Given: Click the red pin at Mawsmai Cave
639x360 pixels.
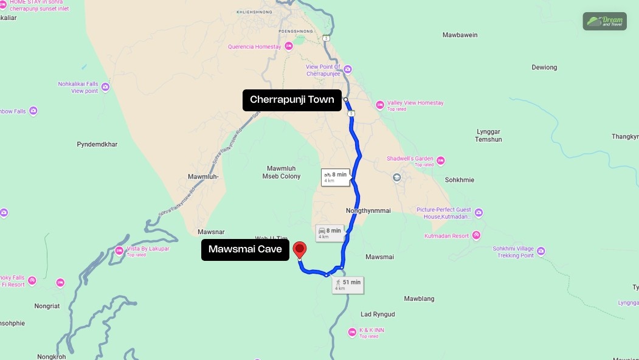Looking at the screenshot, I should coord(299,249).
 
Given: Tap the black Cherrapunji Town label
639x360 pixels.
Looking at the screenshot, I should coord(292,100).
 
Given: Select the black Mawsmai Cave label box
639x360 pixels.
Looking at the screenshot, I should coord(245,249).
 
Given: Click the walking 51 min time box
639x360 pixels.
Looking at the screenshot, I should coord(348,285).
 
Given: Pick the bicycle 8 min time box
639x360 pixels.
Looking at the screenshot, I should coord(336,177).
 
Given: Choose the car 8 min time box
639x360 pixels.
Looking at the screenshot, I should coord(330,233).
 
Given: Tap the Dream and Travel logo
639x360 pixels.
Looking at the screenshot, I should coord(604,21).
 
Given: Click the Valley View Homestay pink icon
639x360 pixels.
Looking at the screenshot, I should coord(380,105).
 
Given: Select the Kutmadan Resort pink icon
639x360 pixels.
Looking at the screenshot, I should coord(476,235).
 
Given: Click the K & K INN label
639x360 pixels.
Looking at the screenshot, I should coord(371,330).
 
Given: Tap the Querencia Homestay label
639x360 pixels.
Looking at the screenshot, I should coord(254,47).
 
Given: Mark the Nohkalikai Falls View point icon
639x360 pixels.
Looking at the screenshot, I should coord(106,87).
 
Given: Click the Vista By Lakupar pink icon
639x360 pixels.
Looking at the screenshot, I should coord(119,251).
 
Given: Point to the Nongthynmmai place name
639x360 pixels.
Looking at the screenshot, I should coord(368,210).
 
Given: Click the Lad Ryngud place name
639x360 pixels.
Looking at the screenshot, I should coord(378,314).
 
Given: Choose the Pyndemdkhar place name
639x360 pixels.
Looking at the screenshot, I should coord(97,144).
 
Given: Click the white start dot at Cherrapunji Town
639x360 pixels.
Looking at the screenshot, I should coord(345,99).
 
